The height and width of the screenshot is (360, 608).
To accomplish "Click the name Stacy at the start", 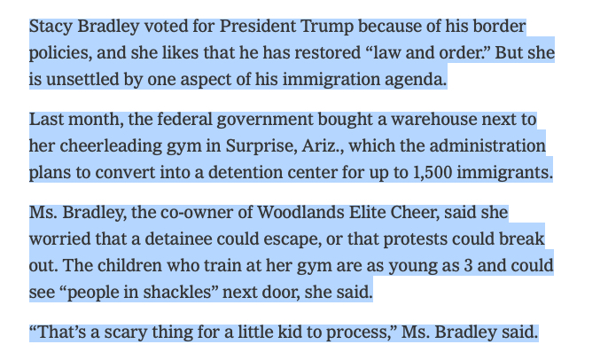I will tap(50, 27).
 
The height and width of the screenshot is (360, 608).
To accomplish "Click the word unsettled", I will tap(82, 79).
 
